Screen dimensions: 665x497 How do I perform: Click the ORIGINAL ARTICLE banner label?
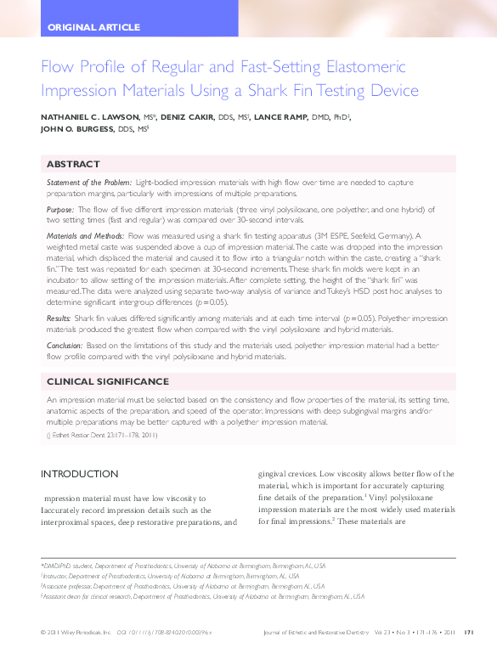[94, 27]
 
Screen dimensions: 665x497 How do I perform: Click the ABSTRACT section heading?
[73, 164]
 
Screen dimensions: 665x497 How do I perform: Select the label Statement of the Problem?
[89, 183]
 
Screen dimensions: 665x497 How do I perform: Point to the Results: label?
[59, 318]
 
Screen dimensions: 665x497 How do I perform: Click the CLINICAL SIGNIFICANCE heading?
[106, 381]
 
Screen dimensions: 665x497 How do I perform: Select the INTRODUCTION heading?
[80, 473]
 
